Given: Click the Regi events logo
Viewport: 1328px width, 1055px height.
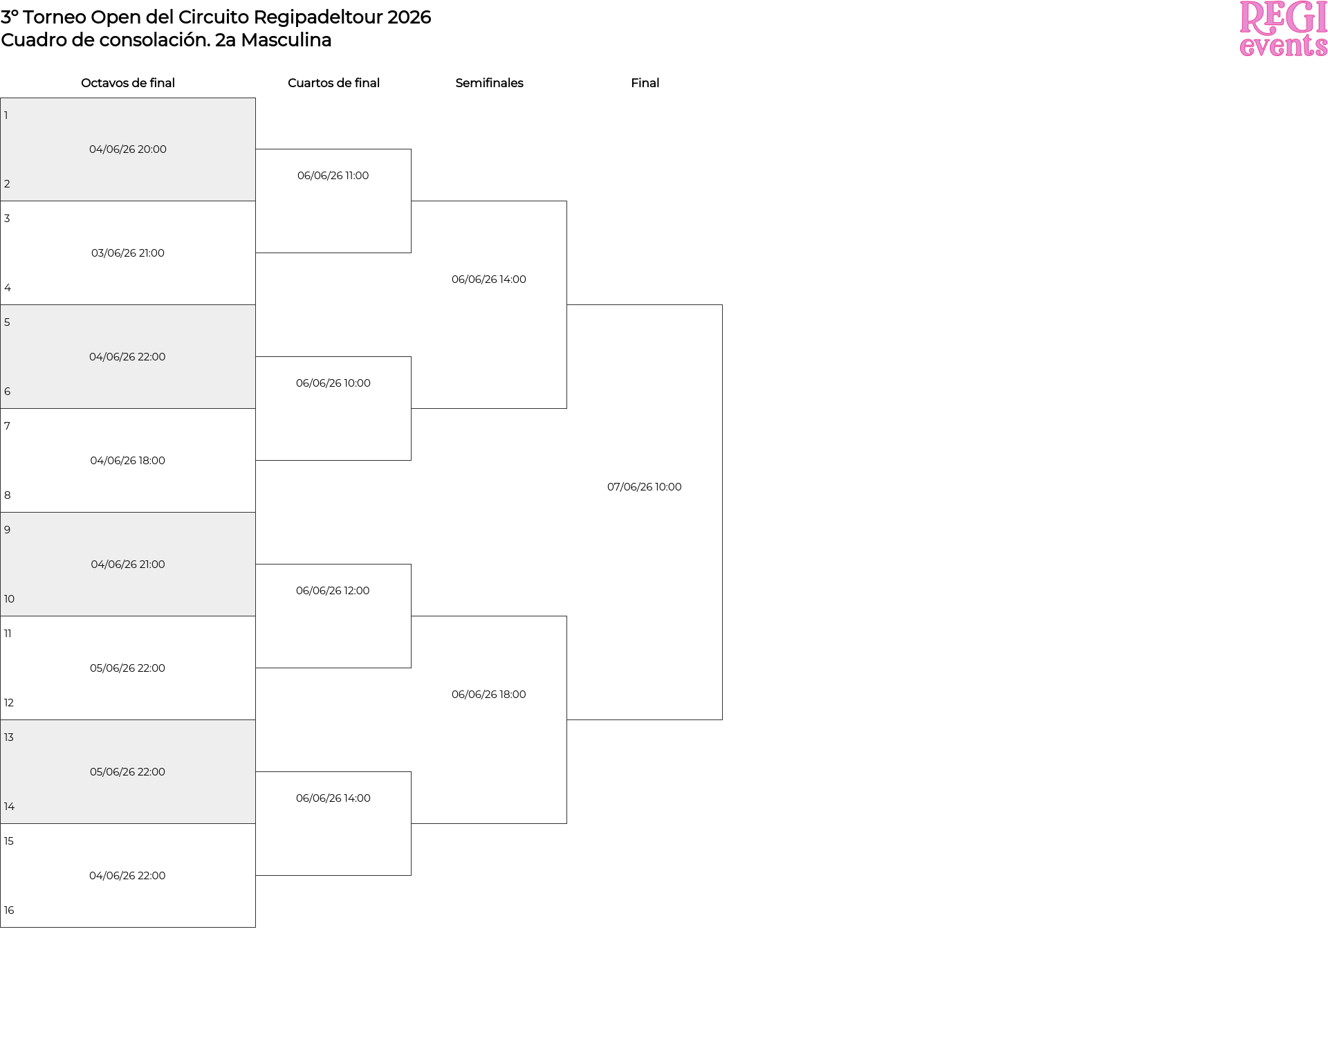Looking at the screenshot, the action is pyautogui.click(x=1283, y=28).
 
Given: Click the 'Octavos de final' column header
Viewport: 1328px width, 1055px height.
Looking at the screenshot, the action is pyautogui.click(x=128, y=83).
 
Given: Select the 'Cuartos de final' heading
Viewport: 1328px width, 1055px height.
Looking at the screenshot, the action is pyautogui.click(x=333, y=83).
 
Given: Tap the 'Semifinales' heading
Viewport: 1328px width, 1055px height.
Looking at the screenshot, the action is pyautogui.click(x=489, y=83).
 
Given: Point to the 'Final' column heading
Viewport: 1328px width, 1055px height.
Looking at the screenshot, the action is pyautogui.click(x=645, y=83).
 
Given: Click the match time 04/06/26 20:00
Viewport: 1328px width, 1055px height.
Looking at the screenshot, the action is pyautogui.click(x=128, y=149).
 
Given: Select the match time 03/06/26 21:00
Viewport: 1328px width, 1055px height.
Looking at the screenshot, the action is pyautogui.click(x=128, y=253).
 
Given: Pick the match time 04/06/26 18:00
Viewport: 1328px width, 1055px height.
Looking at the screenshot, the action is pyautogui.click(x=128, y=461).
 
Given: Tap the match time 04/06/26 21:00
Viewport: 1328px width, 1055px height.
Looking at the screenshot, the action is pyautogui.click(x=128, y=565).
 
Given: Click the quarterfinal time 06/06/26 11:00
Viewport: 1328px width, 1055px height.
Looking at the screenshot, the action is pyautogui.click(x=333, y=176).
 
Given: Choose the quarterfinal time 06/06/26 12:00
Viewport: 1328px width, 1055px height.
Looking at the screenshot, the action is pyautogui.click(x=333, y=591).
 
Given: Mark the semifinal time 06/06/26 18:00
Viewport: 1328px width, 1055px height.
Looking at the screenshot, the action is pyautogui.click(x=489, y=695).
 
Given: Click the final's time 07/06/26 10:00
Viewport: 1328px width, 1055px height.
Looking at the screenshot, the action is pyautogui.click(x=645, y=487).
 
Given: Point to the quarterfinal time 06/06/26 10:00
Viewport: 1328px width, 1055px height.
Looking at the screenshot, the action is pyautogui.click(x=333, y=383).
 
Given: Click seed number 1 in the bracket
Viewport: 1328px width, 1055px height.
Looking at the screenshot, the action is pyautogui.click(x=6, y=116).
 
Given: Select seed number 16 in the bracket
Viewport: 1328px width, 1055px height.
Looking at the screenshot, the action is pyautogui.click(x=9, y=910).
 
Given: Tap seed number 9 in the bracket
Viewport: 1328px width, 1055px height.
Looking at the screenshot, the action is pyautogui.click(x=7, y=530).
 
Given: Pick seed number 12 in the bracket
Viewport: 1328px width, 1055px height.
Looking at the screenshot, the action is pyautogui.click(x=9, y=703).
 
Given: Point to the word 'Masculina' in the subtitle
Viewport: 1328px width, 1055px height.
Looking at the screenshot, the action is pyautogui.click(x=286, y=40).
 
